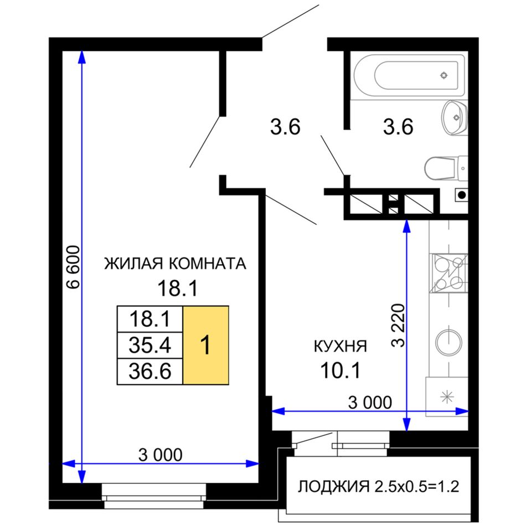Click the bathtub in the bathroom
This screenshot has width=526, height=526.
(x=409, y=75)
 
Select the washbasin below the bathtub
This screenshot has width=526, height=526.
(x=455, y=118)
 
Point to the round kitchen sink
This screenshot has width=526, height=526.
(x=448, y=343)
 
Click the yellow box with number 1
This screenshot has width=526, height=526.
(x=205, y=345)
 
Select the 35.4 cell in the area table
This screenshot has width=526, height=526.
(x=150, y=345)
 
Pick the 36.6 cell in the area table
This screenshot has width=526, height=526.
(x=150, y=372)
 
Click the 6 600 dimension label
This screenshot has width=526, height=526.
(x=73, y=267)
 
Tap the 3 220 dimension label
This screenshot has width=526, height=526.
(x=398, y=325)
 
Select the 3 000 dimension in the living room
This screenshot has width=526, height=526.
(x=161, y=455)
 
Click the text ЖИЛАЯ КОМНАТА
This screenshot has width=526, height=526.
(x=175, y=264)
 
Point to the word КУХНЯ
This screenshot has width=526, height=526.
(x=341, y=346)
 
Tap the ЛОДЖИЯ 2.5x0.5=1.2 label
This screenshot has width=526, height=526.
(x=378, y=486)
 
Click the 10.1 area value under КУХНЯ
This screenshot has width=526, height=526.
(x=341, y=370)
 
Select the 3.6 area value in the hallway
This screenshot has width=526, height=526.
(x=285, y=127)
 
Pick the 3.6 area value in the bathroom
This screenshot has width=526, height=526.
(x=398, y=127)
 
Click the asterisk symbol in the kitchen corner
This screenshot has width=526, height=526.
(x=447, y=397)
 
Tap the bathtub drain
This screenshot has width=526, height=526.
(x=444, y=75)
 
